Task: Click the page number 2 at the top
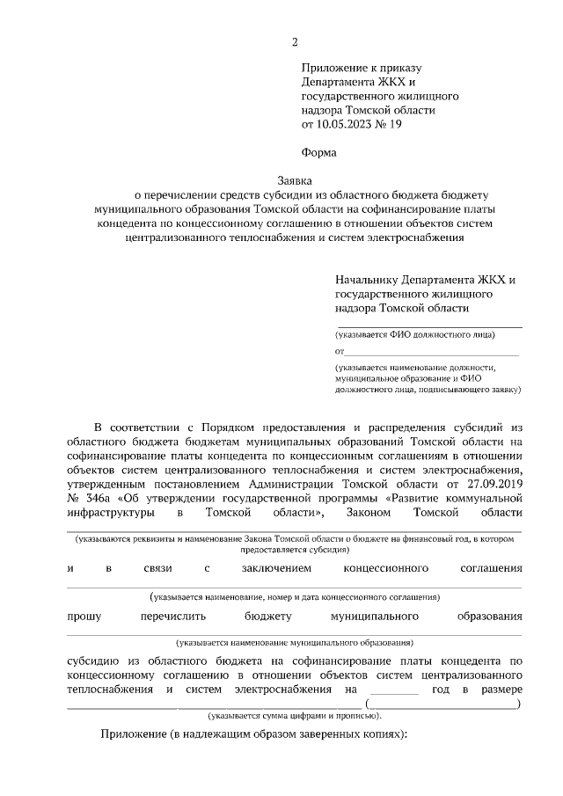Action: click(x=296, y=42)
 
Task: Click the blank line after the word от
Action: click(x=431, y=353)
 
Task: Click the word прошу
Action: click(x=84, y=616)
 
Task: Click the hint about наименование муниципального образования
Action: click(x=295, y=643)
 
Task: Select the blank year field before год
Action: click(x=395, y=690)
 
